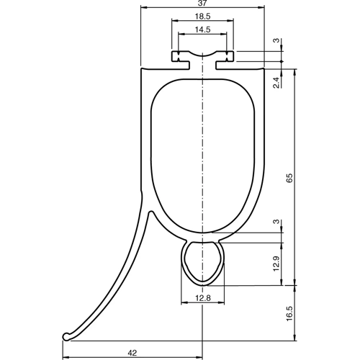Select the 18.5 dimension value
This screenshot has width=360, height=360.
point(202,17)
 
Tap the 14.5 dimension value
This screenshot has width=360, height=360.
point(202,30)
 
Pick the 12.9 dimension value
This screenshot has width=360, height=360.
point(277,264)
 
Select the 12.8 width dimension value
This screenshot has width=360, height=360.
point(202,298)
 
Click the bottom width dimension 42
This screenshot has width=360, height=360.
point(132,352)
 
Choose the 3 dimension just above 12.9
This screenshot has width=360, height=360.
point(277,224)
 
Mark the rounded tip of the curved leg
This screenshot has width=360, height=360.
point(66,336)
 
